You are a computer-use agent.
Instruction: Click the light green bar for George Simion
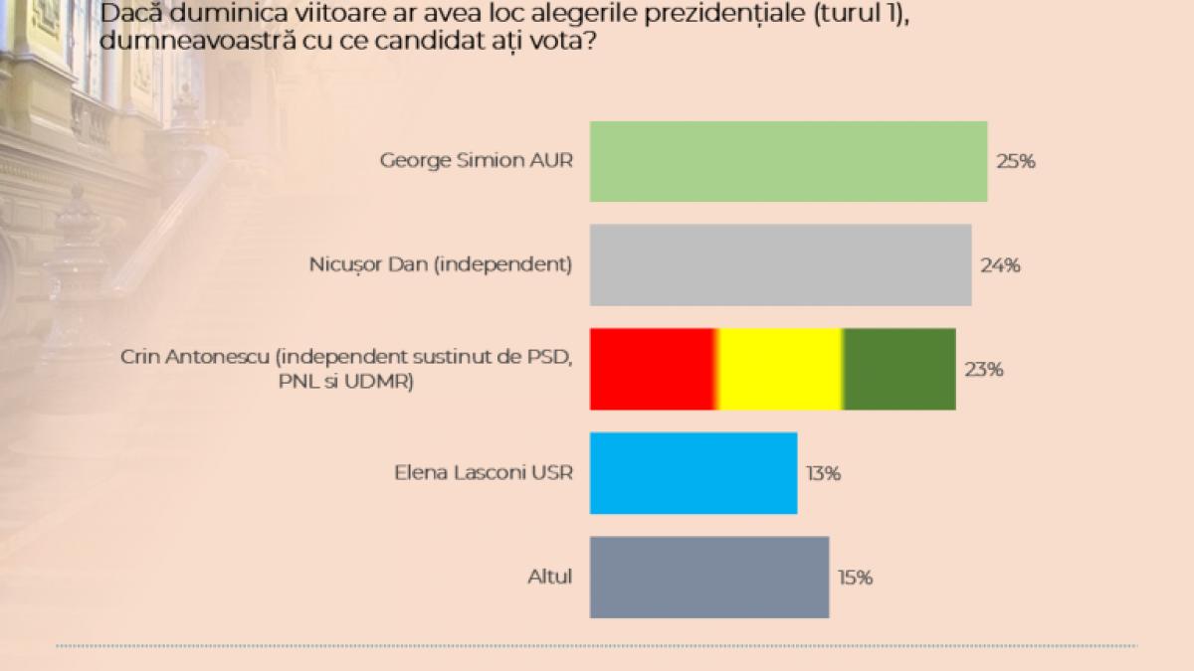[788, 161]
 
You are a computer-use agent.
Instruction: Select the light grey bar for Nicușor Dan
[780, 265]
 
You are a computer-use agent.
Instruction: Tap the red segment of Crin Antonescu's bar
[652, 369]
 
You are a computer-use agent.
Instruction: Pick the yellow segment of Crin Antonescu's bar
[780, 369]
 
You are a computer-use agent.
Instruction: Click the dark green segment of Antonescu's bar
[900, 369]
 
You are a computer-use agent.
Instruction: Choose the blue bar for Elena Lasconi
[694, 473]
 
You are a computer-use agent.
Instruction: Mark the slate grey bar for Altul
[709, 577]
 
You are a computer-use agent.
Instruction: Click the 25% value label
[1016, 161]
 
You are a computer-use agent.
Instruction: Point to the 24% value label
[1000, 265]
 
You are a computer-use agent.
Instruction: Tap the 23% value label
[984, 369]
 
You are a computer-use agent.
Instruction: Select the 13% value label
[823, 473]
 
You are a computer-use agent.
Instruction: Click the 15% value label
[855, 577]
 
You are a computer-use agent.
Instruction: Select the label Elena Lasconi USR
[484, 472]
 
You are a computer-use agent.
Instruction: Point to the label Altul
[550, 577]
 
